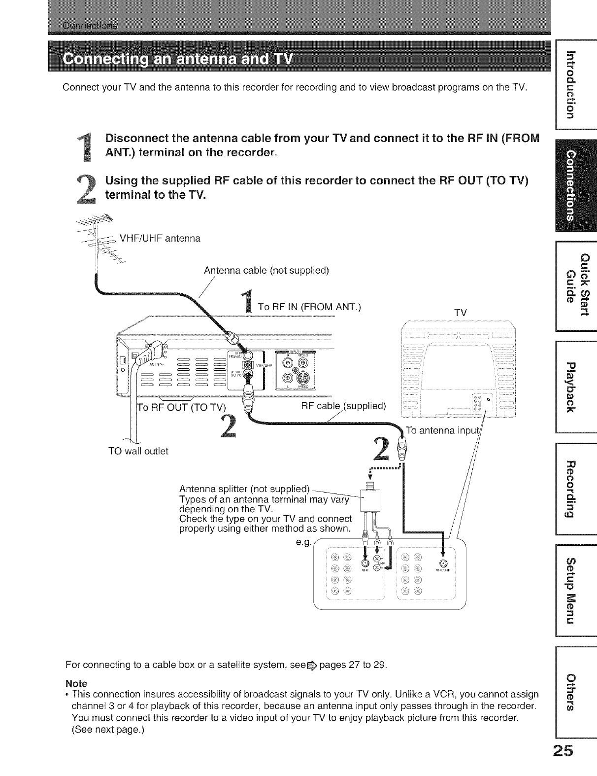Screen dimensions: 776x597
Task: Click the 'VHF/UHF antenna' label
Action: click(x=160, y=239)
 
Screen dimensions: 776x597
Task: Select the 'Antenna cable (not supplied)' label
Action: click(x=266, y=271)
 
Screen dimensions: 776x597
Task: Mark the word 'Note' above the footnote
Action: click(x=76, y=684)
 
